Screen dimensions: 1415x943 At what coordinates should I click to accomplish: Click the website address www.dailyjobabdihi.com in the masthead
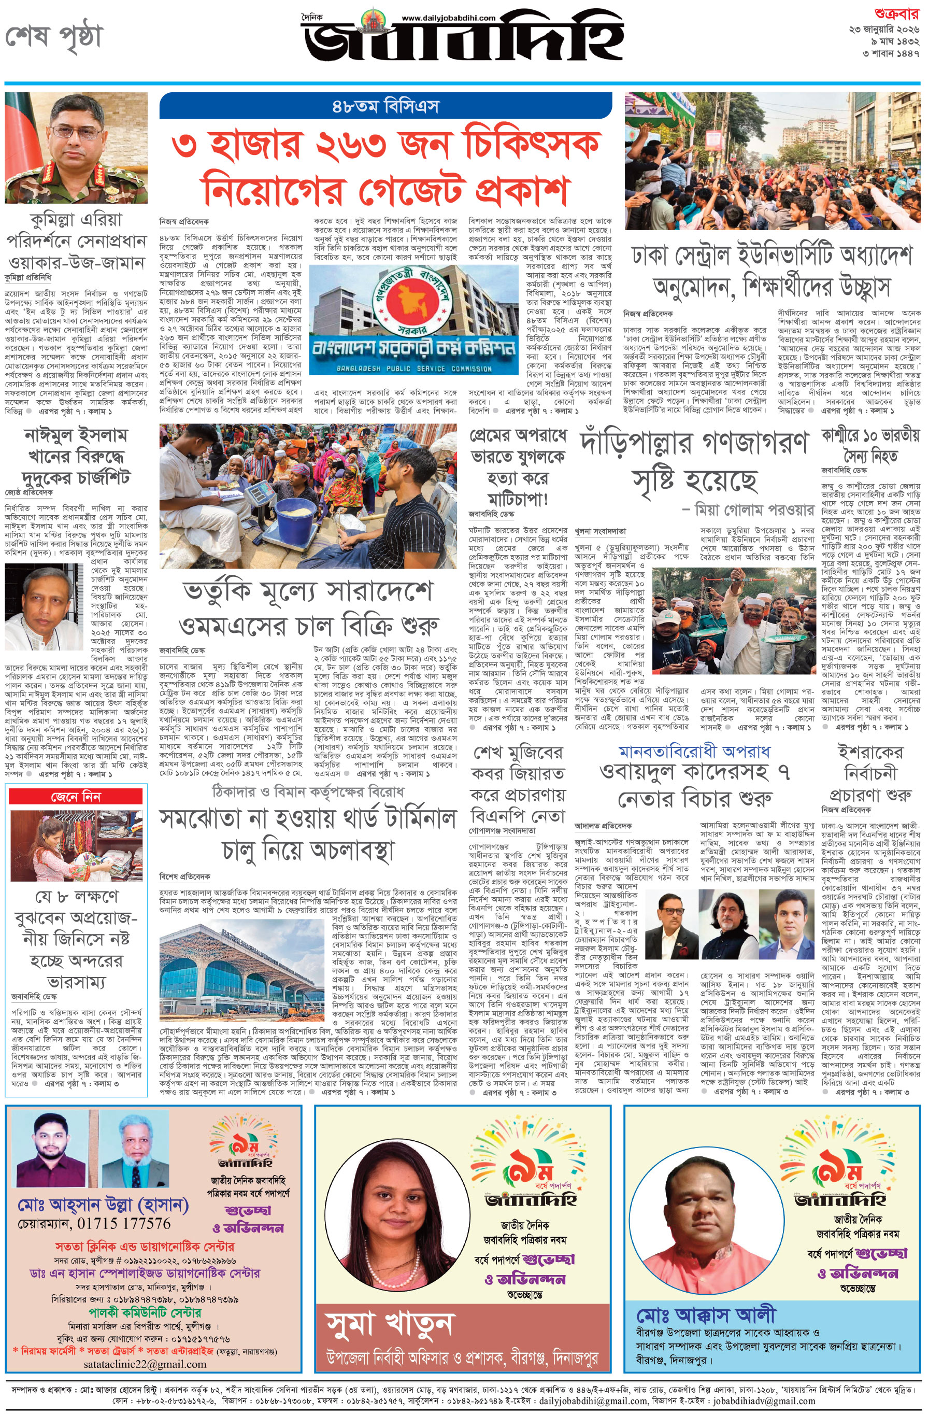448,18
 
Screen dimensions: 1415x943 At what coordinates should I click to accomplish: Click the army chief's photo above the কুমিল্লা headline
76,148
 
